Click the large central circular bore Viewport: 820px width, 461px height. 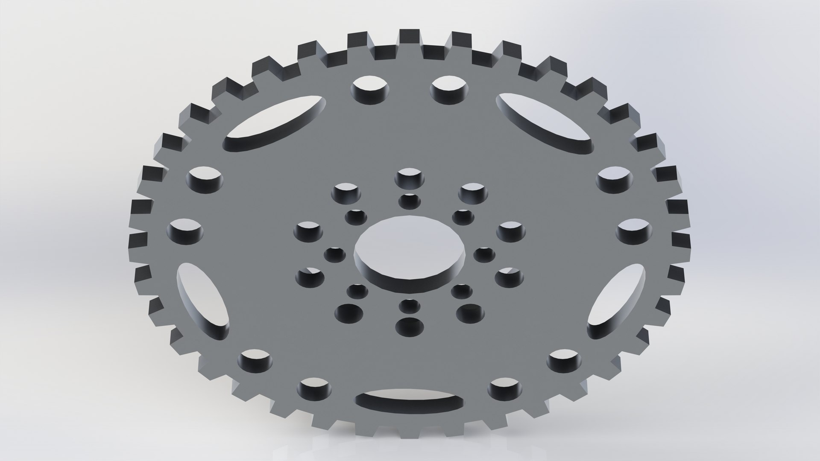tap(410, 252)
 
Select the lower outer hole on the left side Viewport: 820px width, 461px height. tap(186, 230)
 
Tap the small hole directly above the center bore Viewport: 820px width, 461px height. tap(409, 201)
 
